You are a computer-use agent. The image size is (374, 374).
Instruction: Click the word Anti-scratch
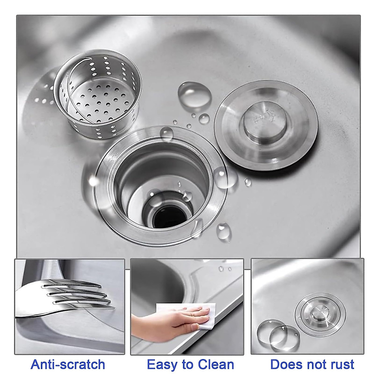coord(68,364)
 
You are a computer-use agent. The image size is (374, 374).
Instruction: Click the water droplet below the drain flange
coord(224,230)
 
